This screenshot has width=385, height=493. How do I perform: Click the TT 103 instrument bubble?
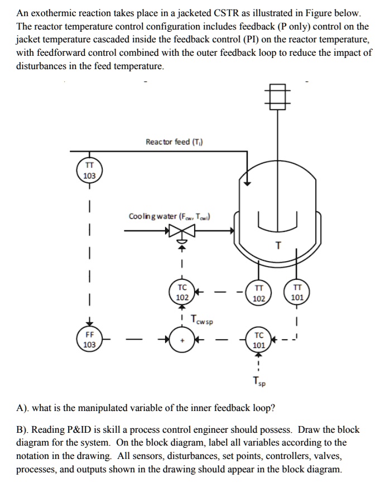[89, 170]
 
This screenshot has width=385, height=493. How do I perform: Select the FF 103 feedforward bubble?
[89, 340]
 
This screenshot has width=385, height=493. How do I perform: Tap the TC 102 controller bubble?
[182, 292]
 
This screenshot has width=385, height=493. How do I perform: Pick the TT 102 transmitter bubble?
[258, 292]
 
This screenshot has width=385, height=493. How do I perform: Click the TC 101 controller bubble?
[258, 340]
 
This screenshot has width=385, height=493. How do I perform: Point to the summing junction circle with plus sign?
[182, 340]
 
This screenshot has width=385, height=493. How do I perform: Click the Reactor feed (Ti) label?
[174, 142]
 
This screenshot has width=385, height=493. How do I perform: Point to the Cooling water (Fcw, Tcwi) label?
[170, 216]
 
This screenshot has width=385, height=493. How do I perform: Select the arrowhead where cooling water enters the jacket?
[230, 230]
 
